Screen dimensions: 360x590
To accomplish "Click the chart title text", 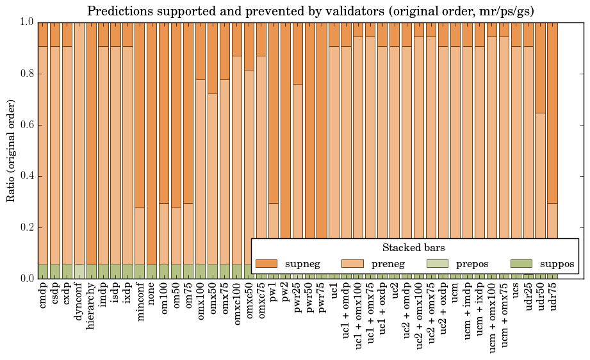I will click(310, 11).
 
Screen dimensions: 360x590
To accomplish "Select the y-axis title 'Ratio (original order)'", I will click(11, 150).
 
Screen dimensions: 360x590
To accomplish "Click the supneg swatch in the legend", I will click(266, 263).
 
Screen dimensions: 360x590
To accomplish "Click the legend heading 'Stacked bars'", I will click(414, 247).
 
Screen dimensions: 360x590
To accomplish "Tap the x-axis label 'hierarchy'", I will click(92, 302).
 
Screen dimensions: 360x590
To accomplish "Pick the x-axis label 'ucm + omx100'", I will click(492, 314).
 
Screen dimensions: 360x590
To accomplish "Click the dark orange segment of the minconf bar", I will click(140, 115).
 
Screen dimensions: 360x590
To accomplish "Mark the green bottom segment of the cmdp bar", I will click(43, 272).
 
